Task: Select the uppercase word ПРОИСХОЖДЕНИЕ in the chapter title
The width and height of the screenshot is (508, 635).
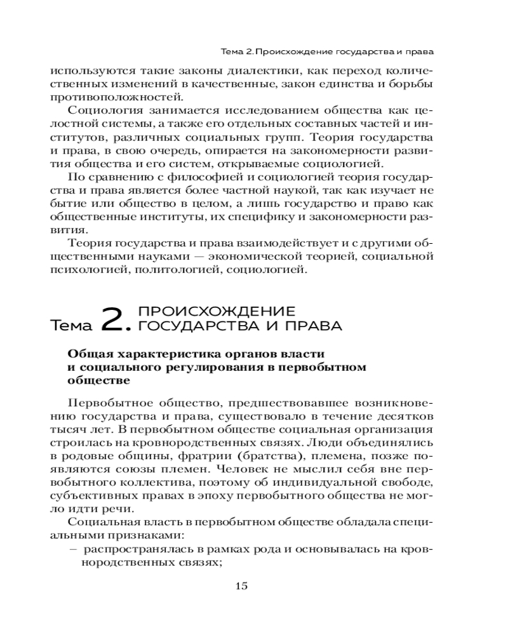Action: (217, 311)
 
